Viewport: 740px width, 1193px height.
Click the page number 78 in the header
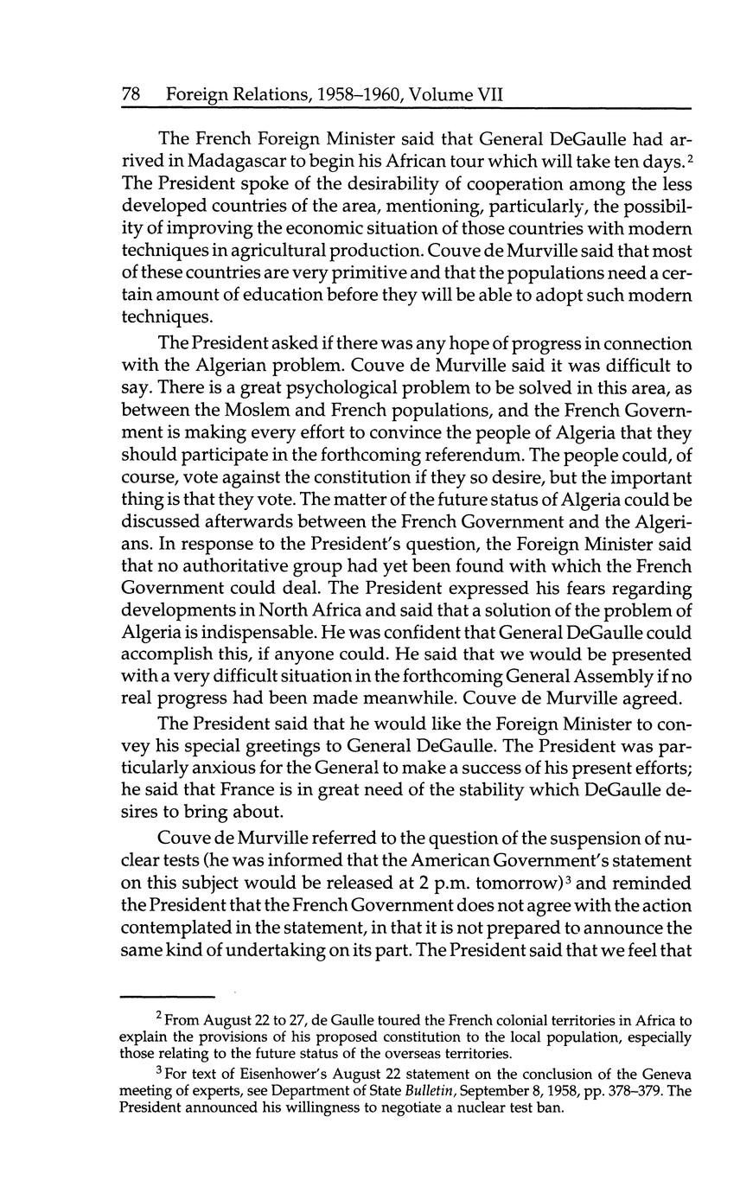click(131, 93)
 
